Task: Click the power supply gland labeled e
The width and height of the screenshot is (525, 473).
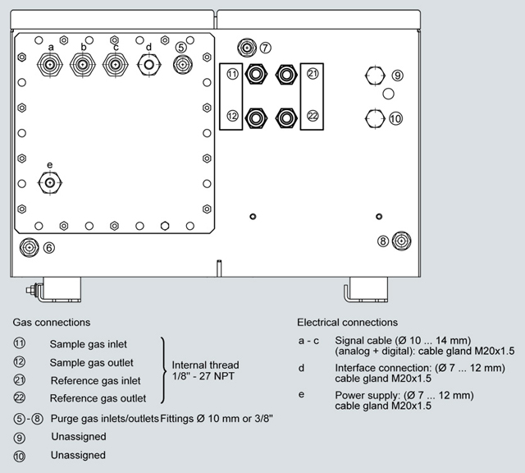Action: (x=50, y=181)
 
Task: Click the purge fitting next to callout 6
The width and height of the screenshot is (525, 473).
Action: (x=28, y=246)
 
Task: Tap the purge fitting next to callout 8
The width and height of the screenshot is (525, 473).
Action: (x=401, y=241)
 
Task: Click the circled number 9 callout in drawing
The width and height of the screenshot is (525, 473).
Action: (x=397, y=76)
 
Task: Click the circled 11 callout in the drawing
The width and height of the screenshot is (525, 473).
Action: (x=232, y=74)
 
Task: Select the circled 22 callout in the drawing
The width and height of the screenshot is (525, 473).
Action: (x=313, y=116)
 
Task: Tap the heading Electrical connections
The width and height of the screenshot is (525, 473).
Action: (x=347, y=323)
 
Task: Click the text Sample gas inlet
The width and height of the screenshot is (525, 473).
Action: (x=88, y=344)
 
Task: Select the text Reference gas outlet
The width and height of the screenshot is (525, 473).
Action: (x=98, y=399)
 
